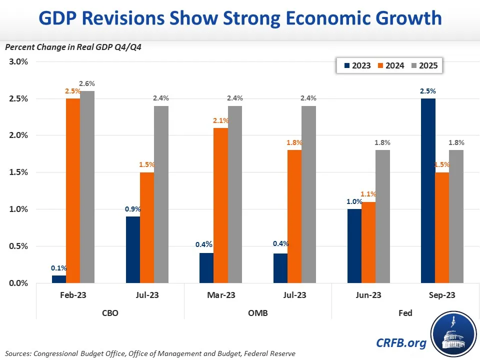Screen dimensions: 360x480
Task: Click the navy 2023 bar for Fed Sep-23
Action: click(x=428, y=190)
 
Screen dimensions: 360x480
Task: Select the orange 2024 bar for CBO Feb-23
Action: click(x=73, y=190)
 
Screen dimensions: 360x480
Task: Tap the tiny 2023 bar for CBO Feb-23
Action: click(x=59, y=279)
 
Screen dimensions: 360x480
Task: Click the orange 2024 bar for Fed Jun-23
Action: click(x=368, y=242)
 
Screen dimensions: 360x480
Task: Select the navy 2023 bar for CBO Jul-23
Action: click(x=132, y=249)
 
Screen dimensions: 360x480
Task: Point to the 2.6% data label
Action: click(x=87, y=84)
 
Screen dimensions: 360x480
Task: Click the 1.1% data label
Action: click(x=368, y=194)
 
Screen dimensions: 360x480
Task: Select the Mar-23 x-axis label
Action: click(x=221, y=295)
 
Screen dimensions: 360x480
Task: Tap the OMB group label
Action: click(x=258, y=313)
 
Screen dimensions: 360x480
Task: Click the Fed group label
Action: click(x=405, y=313)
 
